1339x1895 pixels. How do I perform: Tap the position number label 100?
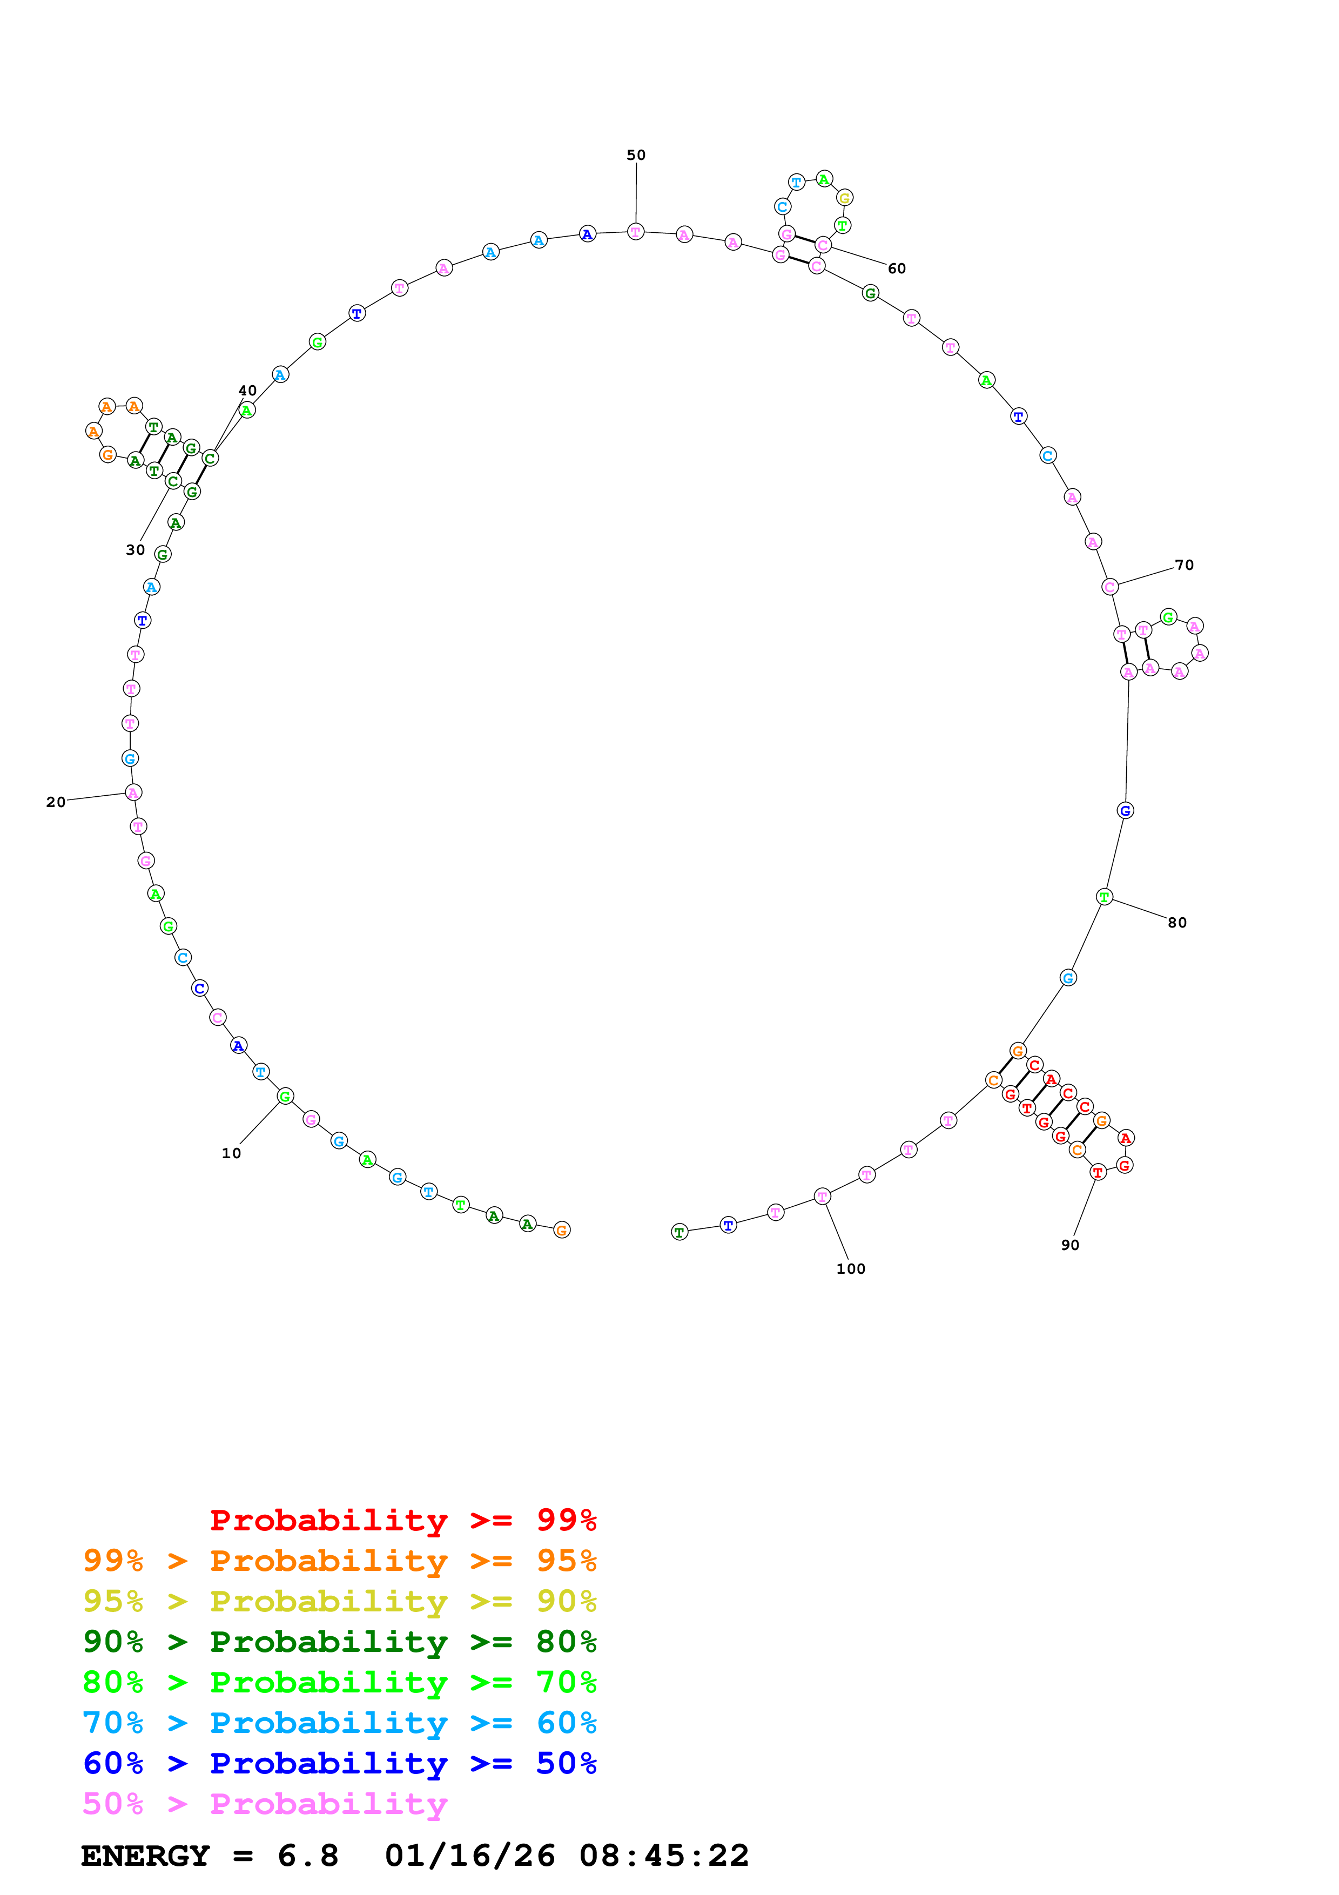(851, 1268)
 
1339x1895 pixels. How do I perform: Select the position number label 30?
(135, 550)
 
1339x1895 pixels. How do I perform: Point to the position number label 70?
(1184, 566)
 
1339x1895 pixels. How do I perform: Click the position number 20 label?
(55, 802)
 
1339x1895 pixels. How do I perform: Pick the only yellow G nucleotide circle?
(844, 198)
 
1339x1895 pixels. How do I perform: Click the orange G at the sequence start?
(562, 1230)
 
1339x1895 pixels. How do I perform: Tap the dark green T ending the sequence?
(679, 1232)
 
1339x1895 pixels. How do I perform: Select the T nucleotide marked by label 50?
(635, 232)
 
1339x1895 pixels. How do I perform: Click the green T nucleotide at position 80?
(1104, 897)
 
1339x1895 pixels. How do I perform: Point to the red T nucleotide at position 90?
(1097, 1172)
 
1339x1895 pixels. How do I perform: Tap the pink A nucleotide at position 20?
(133, 792)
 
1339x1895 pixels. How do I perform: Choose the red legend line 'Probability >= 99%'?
(402, 1520)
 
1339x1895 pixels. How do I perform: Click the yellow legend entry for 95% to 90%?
(339, 1601)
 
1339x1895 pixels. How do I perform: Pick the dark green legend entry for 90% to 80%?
(339, 1642)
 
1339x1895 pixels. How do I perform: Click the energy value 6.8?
(308, 1856)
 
